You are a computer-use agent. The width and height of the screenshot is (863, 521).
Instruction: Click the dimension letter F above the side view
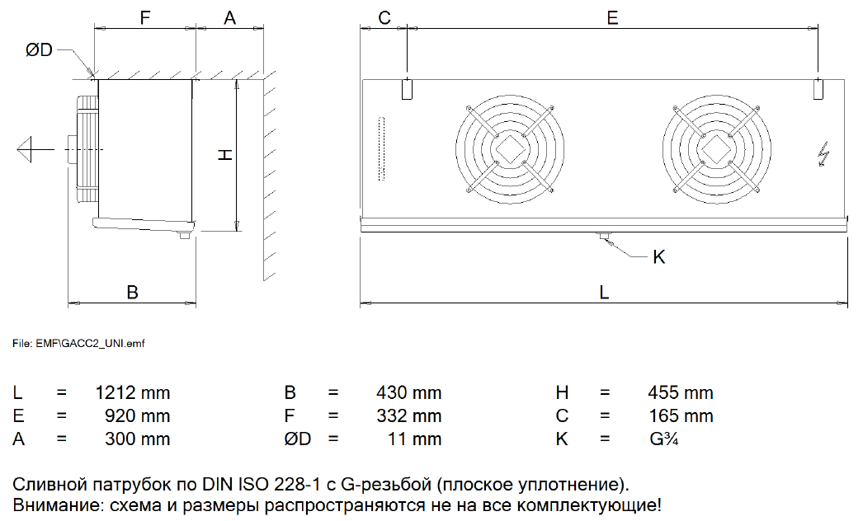click(144, 17)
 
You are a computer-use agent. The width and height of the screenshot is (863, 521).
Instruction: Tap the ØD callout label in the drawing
click(39, 50)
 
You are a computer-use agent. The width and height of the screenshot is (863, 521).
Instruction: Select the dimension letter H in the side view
click(226, 155)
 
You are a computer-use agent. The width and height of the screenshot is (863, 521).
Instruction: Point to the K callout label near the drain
click(659, 257)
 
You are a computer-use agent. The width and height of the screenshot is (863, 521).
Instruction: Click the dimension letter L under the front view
click(604, 292)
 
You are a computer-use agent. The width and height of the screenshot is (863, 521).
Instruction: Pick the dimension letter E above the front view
click(612, 17)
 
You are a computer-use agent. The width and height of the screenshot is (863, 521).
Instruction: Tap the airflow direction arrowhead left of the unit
click(25, 149)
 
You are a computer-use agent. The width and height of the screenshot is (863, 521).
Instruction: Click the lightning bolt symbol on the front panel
click(823, 153)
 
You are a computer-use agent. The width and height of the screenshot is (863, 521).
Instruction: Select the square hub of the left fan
click(510, 148)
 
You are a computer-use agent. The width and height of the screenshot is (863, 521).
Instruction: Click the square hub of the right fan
click(716, 148)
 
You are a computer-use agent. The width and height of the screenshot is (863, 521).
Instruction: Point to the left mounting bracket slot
click(407, 89)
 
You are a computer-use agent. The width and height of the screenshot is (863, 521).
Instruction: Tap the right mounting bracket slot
click(818, 89)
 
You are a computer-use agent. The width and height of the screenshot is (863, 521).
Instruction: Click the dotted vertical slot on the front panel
click(381, 148)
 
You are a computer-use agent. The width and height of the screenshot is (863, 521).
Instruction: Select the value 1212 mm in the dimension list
click(133, 393)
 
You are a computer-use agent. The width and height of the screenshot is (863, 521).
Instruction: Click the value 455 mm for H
click(681, 393)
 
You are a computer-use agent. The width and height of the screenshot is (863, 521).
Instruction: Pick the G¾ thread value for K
click(663, 439)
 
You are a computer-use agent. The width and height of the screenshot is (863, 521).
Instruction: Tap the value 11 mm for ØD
click(414, 439)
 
